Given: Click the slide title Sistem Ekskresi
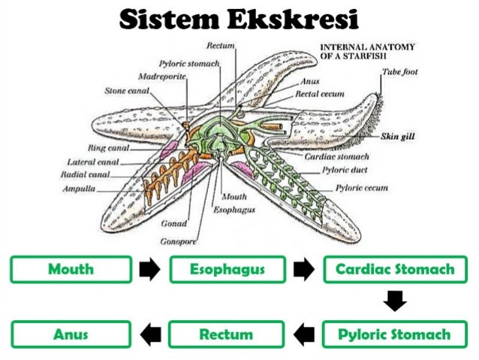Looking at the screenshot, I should point(239,19).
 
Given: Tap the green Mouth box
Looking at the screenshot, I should point(71,270).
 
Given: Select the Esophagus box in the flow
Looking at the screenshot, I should point(227,270).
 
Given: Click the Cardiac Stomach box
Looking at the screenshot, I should point(394,270).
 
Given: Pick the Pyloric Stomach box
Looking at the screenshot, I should point(394,334).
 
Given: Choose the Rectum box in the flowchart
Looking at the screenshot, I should point(227,334).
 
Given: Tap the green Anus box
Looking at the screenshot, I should point(71,334).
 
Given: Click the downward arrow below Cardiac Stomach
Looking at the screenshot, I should point(395,302).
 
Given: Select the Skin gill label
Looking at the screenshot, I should point(399,137).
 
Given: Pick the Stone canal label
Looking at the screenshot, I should point(127,90).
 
